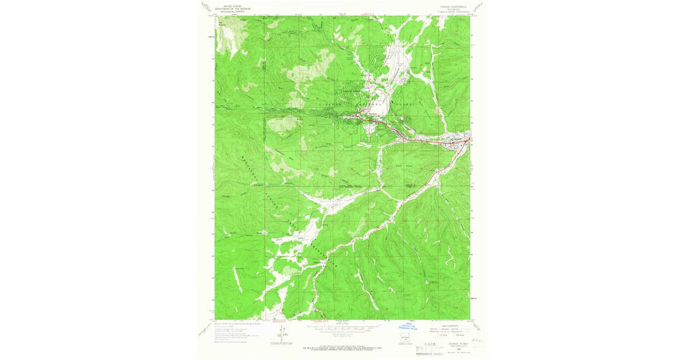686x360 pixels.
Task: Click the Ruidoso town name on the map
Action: click(x=373, y=113)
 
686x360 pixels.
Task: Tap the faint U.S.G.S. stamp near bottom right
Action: click(x=433, y=346)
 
